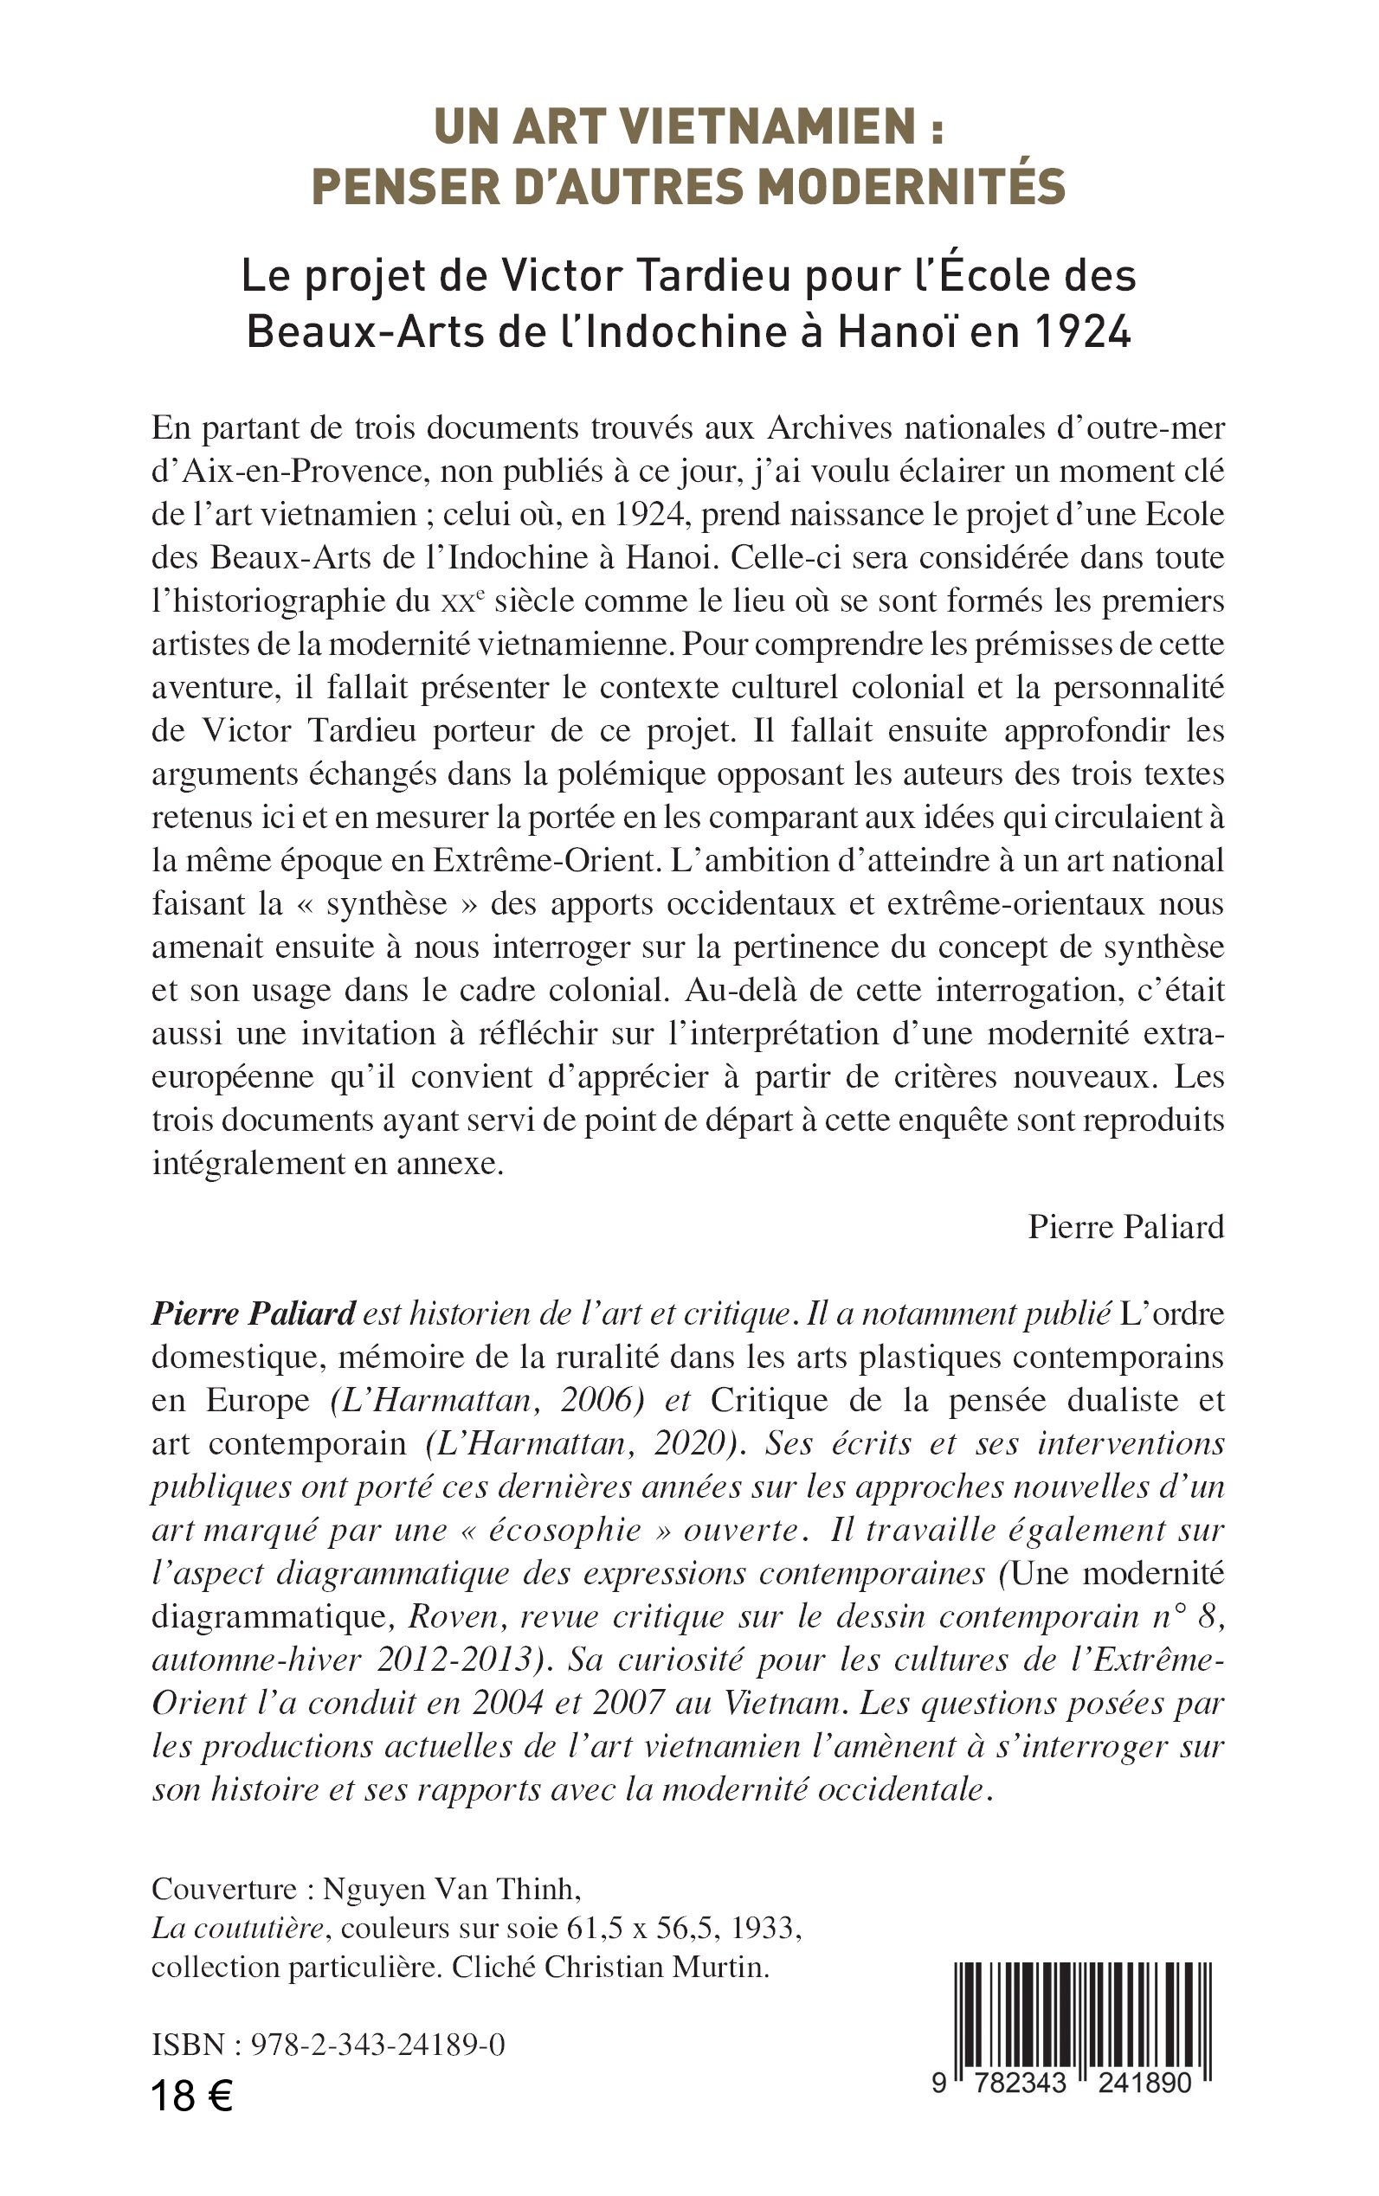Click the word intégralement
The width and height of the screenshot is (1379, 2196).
click(235, 1164)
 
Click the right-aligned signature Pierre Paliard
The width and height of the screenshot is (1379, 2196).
click(1125, 1227)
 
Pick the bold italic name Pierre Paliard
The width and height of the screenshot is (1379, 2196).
click(253, 1313)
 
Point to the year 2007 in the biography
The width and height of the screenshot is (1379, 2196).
click(627, 1703)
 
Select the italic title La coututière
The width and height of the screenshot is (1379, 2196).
click(237, 1928)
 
